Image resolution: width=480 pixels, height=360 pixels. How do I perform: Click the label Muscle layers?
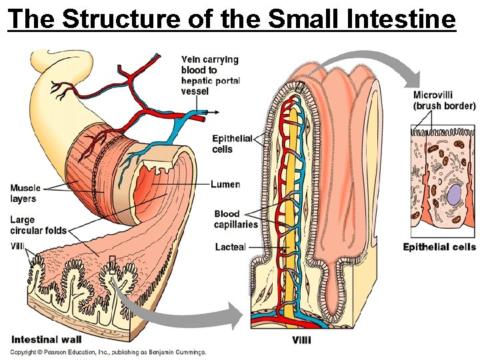[25, 193]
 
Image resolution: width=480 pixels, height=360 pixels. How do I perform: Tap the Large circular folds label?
[38, 225]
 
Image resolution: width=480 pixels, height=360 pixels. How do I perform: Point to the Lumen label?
[225, 185]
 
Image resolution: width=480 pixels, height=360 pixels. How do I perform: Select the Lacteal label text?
[230, 247]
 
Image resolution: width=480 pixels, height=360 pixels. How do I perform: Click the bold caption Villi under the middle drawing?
[301, 339]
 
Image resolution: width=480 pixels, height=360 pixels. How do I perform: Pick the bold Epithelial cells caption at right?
[439, 247]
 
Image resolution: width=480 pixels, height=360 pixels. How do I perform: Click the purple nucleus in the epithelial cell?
[454, 196]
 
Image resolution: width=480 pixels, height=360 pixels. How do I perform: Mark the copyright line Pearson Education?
[107, 352]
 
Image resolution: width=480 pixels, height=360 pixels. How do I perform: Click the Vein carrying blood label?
[210, 75]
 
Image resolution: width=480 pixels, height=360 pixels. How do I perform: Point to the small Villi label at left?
[17, 246]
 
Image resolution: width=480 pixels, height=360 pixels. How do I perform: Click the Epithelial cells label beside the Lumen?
[232, 144]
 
